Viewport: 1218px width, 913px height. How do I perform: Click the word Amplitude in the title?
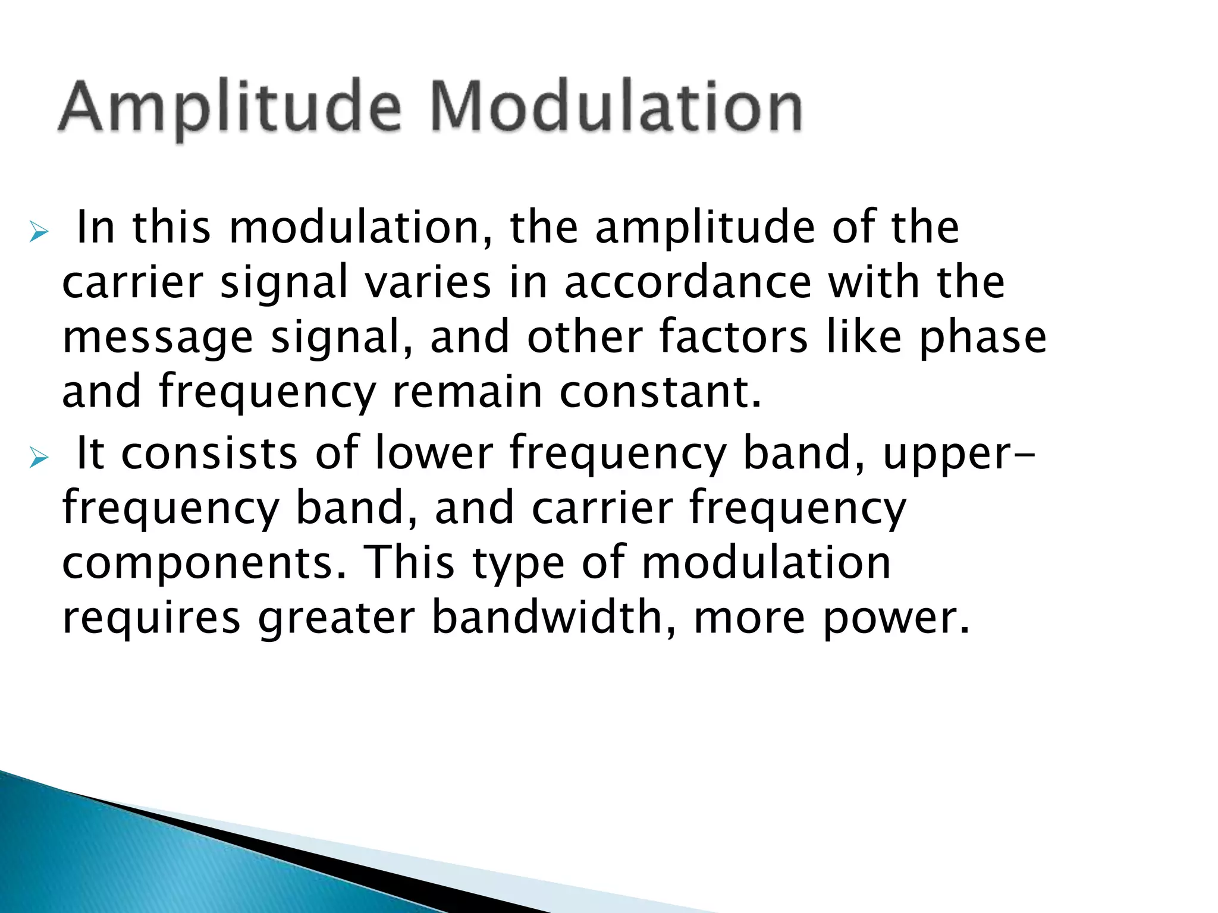(x=230, y=108)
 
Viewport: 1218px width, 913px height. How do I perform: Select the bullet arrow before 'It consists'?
(x=39, y=458)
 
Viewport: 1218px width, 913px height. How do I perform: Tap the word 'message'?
(x=158, y=338)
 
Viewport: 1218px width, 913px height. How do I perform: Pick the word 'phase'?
(x=982, y=338)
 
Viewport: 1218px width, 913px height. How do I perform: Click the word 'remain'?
(x=467, y=392)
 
